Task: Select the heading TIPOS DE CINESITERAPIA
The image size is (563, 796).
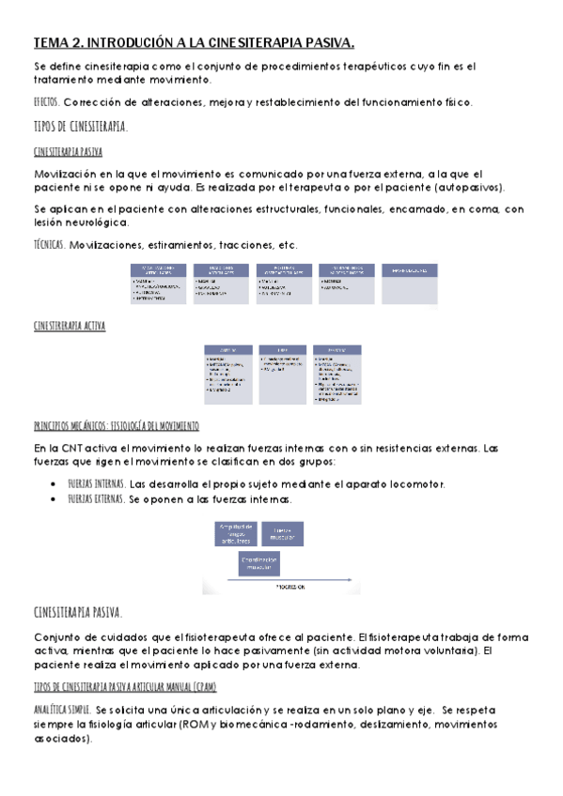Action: [x=81, y=127]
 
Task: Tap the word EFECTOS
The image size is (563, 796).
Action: [x=45, y=102]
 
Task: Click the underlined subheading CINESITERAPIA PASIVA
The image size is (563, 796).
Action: [x=68, y=151]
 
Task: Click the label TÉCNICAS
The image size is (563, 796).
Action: [x=48, y=245]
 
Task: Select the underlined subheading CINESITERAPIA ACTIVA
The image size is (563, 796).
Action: [x=69, y=326]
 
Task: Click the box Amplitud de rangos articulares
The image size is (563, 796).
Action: [x=235, y=533]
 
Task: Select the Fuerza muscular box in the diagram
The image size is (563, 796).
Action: [x=283, y=533]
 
